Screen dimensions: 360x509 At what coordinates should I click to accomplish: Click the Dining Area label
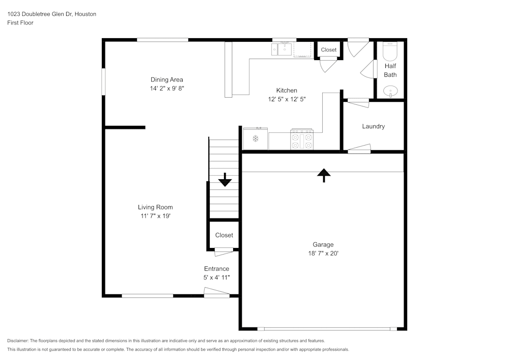point(166,79)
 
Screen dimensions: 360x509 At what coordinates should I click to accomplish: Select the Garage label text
point(323,244)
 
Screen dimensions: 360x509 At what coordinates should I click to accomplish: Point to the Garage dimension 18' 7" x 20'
point(323,253)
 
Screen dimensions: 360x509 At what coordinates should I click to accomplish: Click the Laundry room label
point(373,126)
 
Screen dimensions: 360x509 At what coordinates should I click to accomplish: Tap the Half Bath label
point(390,70)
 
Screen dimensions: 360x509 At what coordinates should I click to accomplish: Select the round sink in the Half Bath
point(390,92)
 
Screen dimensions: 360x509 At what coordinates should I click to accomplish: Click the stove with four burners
point(301,140)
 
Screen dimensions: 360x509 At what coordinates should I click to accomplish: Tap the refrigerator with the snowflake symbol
point(256,139)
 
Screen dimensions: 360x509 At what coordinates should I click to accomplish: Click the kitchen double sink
point(281,49)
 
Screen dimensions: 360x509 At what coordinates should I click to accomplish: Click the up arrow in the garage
point(324,175)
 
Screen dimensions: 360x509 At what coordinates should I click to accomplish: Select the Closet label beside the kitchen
point(329,50)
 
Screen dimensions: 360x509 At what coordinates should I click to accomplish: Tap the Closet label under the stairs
point(224,235)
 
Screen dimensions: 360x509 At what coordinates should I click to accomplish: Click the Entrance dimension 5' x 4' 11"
point(216,278)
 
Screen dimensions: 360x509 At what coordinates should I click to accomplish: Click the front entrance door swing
point(216,292)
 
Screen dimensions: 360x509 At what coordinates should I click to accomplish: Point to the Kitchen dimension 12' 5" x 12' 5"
point(287,99)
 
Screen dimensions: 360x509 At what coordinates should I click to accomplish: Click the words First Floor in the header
point(20,23)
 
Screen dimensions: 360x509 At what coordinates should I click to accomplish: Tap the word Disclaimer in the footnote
point(18,341)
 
